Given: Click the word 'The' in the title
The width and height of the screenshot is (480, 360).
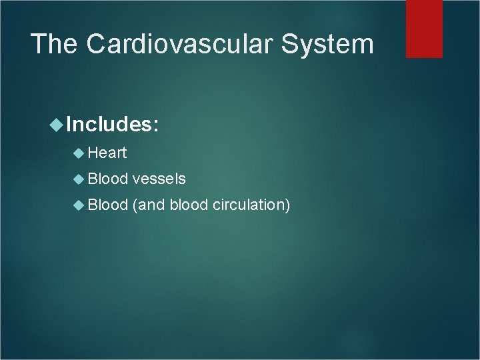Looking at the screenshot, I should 55,44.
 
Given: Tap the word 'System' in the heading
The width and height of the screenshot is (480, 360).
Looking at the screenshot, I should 340,44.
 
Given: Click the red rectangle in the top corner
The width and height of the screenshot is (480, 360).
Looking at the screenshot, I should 424,28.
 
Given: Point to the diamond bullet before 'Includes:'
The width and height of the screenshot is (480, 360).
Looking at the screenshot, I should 56,123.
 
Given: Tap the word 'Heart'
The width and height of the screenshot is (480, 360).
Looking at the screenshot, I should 107,153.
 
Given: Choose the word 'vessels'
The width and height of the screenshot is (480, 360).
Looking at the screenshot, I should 159,179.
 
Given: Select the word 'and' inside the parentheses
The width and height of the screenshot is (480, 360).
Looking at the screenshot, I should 151,205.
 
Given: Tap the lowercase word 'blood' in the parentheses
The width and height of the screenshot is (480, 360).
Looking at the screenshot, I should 189,205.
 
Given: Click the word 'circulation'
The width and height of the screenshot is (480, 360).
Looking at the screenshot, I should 249,205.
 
